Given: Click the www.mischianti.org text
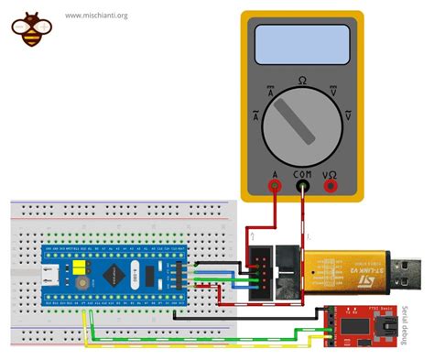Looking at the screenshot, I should pos(96,16).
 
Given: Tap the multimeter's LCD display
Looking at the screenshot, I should pos(302,42).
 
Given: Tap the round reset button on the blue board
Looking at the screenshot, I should pos(81,287).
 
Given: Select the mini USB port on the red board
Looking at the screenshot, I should pos(391,326).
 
